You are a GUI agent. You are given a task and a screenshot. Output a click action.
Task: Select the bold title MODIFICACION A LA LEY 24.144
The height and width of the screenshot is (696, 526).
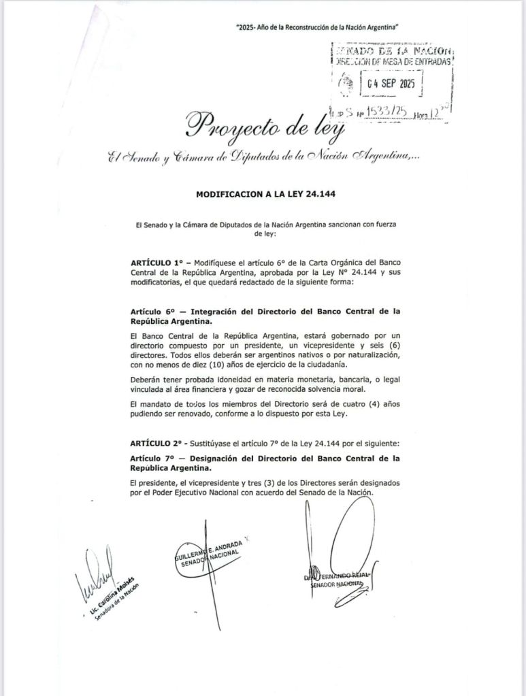[x=263, y=194]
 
